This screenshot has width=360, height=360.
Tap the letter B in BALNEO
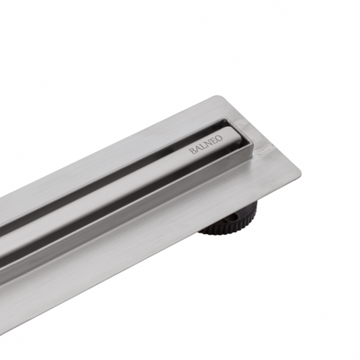pos(192,152)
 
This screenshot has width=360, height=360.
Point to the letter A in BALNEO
pos(197,149)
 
